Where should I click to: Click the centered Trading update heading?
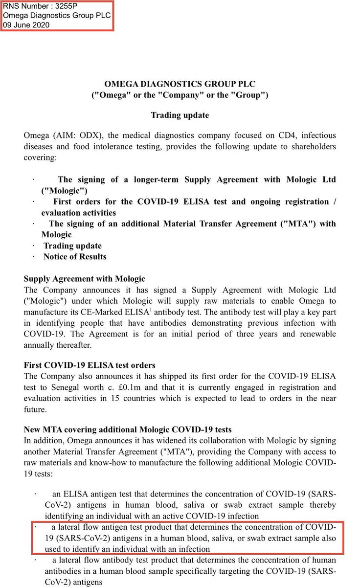click(x=180, y=115)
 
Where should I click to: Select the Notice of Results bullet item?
click(x=74, y=256)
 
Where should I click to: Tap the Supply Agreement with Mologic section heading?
click(x=84, y=279)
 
